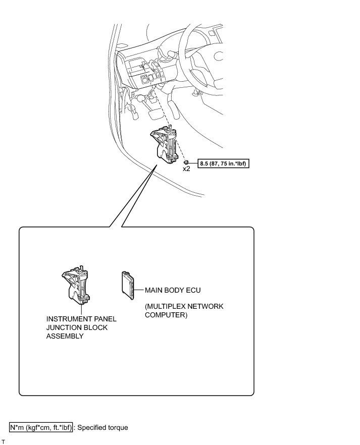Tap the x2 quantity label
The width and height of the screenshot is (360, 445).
[186, 169]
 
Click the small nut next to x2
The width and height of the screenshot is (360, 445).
[186, 161]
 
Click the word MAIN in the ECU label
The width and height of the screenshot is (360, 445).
[155, 291]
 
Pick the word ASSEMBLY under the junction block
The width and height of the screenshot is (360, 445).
[65, 336]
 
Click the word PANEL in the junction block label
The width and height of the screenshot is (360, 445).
[105, 319]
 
